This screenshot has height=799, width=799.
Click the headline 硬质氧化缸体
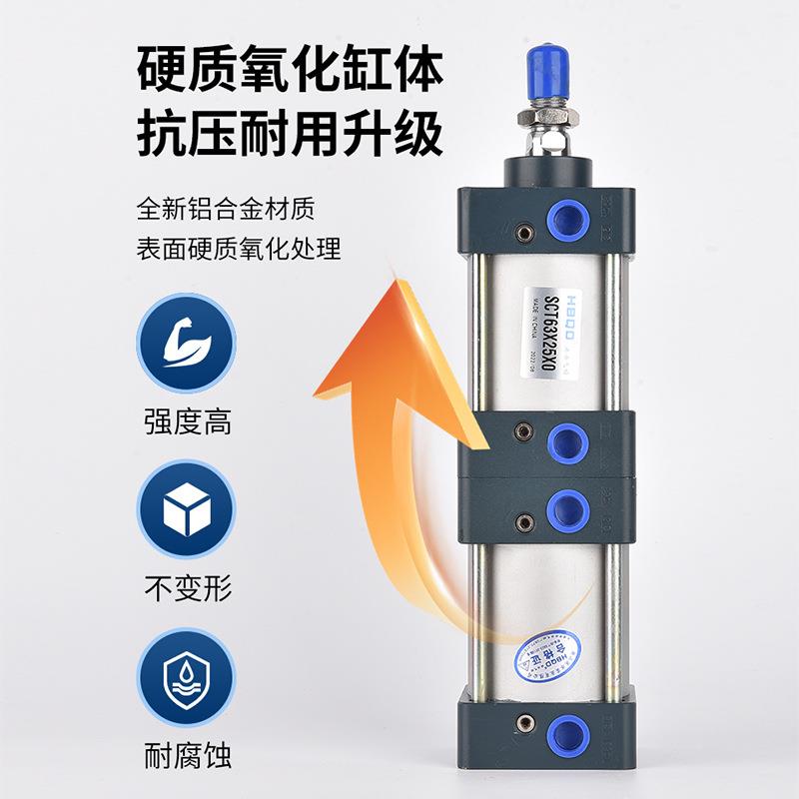[x=290, y=72]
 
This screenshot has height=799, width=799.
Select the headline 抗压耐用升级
[x=290, y=136]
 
